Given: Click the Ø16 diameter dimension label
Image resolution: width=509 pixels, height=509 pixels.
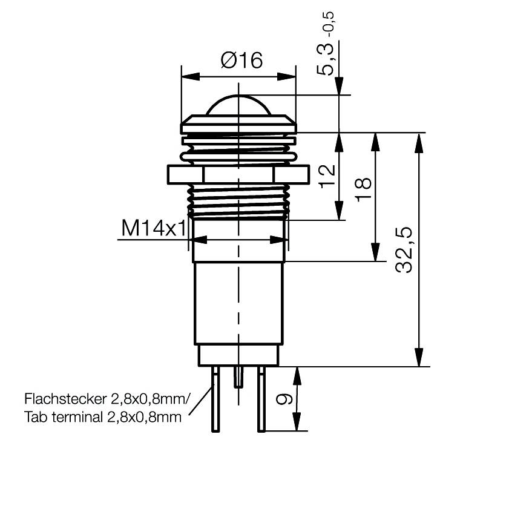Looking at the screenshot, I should pos(241,61).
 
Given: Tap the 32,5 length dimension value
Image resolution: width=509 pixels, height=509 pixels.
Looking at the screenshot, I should pos(404,250).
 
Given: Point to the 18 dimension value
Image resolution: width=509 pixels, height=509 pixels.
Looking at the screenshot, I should pos(363,192).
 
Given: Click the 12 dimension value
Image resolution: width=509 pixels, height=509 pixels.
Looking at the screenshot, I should pos(326,176).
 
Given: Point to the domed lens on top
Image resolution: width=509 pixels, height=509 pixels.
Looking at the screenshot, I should pos(238,106).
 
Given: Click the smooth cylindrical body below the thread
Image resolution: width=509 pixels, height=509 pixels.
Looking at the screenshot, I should pos(238,303).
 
